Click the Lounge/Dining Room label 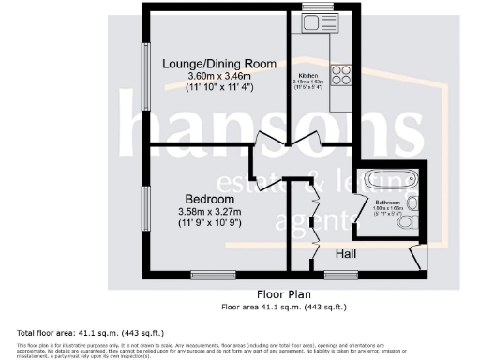(x=219, y=64)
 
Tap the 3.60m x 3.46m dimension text (x=219, y=76)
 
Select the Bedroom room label (x=209, y=200)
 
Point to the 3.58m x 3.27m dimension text (x=209, y=212)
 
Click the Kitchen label (x=309, y=75)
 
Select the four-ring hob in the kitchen (x=339, y=75)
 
